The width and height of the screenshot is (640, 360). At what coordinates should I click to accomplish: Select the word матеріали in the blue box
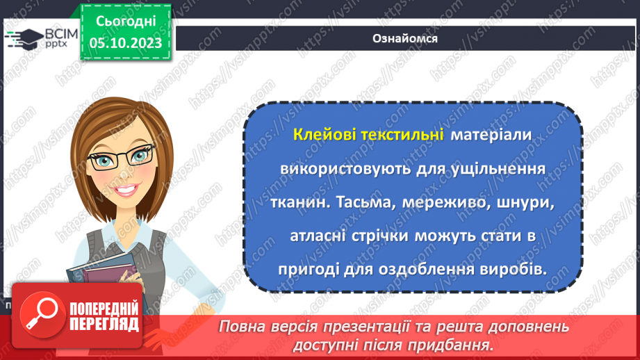491,136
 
